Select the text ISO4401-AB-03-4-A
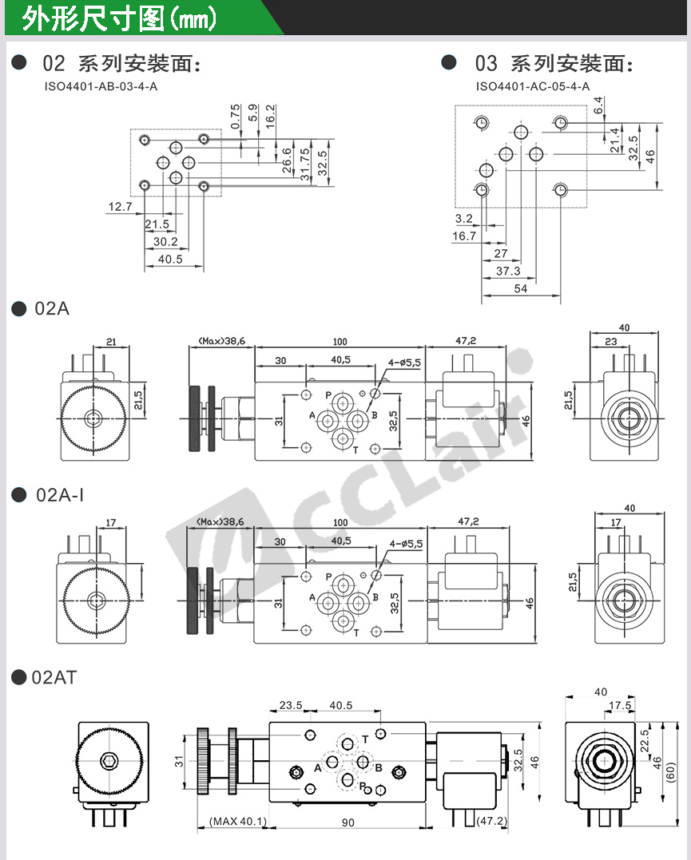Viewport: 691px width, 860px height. point(101,85)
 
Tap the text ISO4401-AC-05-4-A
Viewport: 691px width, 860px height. point(533,86)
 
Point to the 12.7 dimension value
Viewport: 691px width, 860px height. point(120,208)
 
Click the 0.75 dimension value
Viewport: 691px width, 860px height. point(235,117)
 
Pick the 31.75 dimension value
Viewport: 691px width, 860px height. point(305,164)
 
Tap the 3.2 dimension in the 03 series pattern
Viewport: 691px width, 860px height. point(463,219)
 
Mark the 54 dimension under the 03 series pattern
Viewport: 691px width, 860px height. point(521,289)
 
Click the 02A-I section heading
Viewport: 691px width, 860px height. point(60,496)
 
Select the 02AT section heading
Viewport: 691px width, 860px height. point(54,678)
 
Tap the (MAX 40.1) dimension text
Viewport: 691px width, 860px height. point(238,822)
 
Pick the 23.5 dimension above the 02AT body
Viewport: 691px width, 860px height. point(290,706)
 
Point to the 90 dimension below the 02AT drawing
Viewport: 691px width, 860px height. point(348,822)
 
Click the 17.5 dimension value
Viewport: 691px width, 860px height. point(620,706)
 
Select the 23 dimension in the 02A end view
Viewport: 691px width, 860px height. point(610,342)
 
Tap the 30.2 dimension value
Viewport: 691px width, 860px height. point(165,242)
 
